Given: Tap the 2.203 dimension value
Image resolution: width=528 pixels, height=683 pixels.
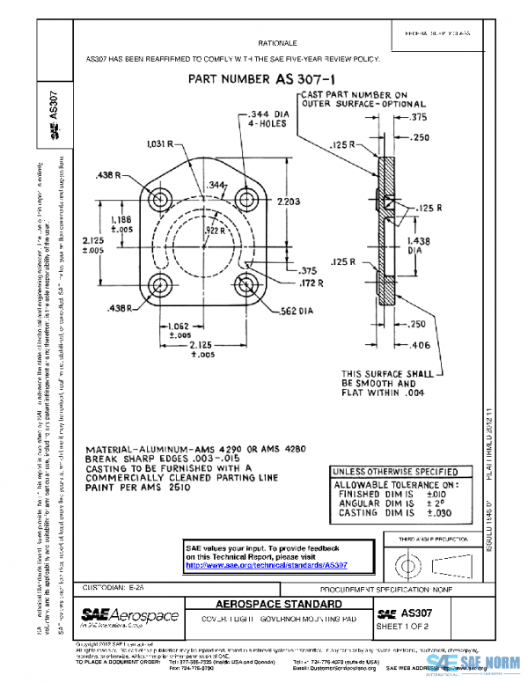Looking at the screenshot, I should [290, 202].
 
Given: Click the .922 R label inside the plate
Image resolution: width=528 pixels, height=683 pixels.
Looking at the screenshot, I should [214, 229].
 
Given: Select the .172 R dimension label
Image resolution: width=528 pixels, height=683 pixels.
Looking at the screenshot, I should [310, 283].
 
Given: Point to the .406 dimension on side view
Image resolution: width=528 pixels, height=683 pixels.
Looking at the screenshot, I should [421, 345].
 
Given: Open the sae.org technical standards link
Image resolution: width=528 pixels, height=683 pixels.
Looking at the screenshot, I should [267, 565].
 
